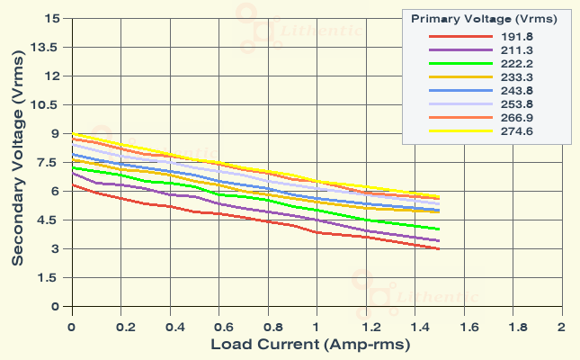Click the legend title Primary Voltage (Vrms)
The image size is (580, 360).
[x=484, y=18]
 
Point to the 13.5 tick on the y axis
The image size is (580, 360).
[x=47, y=47]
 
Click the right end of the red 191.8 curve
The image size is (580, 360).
[x=439, y=248]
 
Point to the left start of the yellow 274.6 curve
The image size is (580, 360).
[x=72, y=133]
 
